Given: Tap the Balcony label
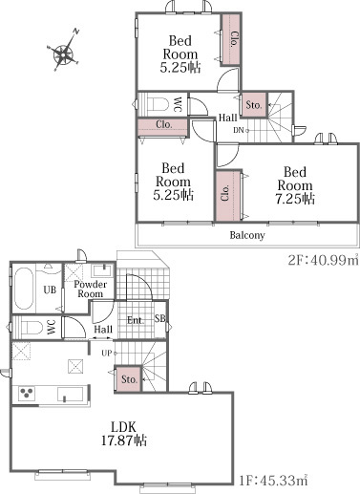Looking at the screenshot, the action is tap(247, 236).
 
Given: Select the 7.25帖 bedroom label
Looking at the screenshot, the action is tap(295, 185).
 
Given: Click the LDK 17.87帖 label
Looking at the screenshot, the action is tap(124, 434).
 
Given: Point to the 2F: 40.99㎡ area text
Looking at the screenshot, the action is tap(324, 260).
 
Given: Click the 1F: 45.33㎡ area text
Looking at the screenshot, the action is tap(273, 481).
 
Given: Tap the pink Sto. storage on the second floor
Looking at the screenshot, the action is tap(254, 105).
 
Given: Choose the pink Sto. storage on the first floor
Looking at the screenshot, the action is tap(129, 379).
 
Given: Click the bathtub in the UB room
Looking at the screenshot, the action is tap(24, 289).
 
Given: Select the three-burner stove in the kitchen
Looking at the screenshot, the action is tap(27, 394).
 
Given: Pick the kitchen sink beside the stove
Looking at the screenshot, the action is tap(71, 394).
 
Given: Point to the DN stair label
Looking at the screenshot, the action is tap(240, 130).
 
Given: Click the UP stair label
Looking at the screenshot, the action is tap(108, 354).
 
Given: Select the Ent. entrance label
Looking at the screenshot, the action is tap(136, 320).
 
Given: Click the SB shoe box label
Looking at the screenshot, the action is tap(160, 318).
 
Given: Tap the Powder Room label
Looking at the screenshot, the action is tap(90, 289).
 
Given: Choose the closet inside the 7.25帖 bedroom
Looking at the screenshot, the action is tap(228, 196).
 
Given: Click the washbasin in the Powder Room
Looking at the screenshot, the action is tap(101, 270).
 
